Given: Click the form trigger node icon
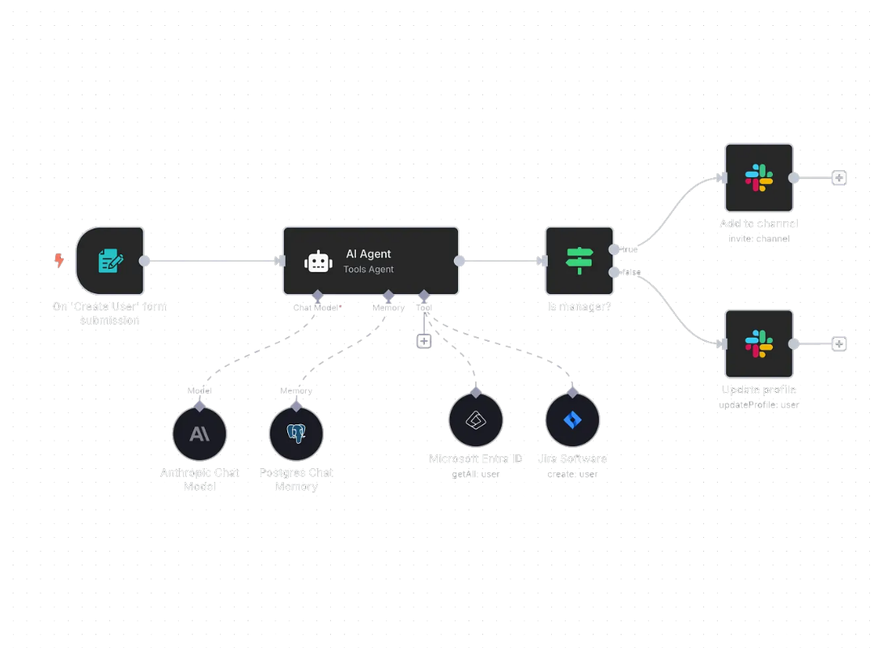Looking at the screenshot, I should pos(110,261).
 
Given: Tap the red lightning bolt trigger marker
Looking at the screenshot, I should pos(58,260).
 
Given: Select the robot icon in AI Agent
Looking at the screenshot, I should pos(317,262).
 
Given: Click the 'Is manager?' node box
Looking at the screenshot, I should pos(579,261).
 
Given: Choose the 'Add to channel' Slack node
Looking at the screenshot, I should pos(758,178).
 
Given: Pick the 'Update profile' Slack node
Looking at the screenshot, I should pos(758,343).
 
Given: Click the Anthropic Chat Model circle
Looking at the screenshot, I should pos(199,434).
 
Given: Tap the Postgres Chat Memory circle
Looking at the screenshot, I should pos(296,434).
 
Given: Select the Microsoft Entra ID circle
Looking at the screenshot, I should pos(476,420).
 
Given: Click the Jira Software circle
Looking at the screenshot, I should pos(573,420).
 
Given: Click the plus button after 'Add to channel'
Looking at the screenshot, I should pos(839,178).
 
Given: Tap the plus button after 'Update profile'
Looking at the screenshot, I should pos(839,343).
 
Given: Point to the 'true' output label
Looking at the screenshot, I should pos(630,249).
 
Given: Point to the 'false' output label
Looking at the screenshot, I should pos(631,272).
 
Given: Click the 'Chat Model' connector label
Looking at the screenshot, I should pos(316,308).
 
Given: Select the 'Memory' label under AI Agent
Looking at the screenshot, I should pos(388,308).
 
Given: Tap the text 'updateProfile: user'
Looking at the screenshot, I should pos(758,404).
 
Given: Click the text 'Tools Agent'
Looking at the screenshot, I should pos(368,269).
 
